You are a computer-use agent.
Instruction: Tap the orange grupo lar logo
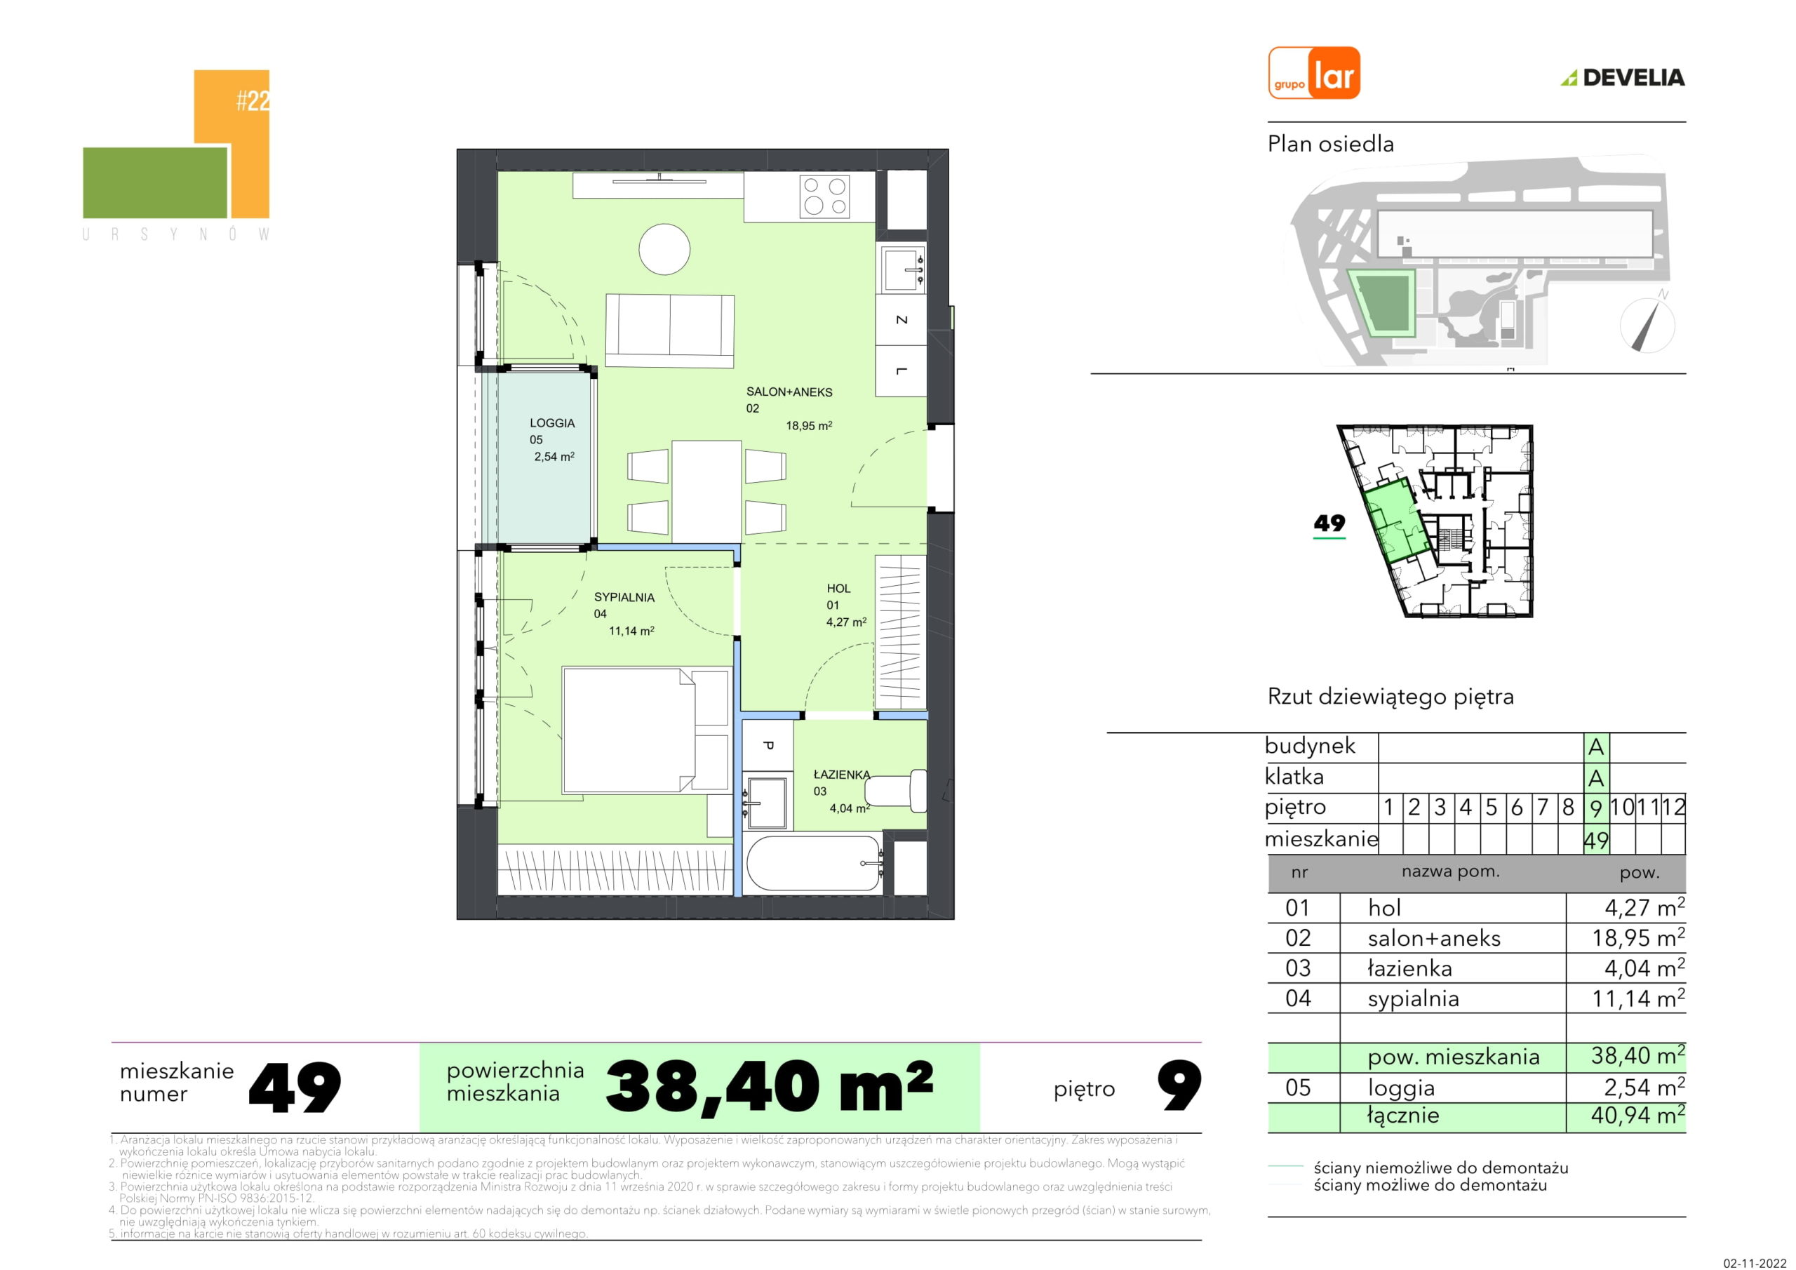(x=1314, y=73)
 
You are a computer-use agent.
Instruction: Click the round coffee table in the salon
(x=664, y=250)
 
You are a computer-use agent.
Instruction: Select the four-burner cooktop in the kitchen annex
(x=825, y=196)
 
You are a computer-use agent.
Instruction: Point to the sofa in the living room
(x=669, y=330)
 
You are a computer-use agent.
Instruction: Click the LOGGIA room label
(x=552, y=423)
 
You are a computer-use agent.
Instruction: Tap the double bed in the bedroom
(x=647, y=730)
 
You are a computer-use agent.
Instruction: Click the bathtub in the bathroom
(x=814, y=863)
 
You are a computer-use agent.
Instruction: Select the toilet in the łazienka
(x=897, y=788)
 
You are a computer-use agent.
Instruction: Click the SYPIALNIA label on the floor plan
(x=624, y=597)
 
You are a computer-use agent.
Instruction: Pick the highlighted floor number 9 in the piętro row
(x=1596, y=808)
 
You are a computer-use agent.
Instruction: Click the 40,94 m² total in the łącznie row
(x=1638, y=1114)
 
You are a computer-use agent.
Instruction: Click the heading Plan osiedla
(x=1331, y=144)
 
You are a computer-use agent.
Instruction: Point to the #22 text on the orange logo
(x=253, y=101)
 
